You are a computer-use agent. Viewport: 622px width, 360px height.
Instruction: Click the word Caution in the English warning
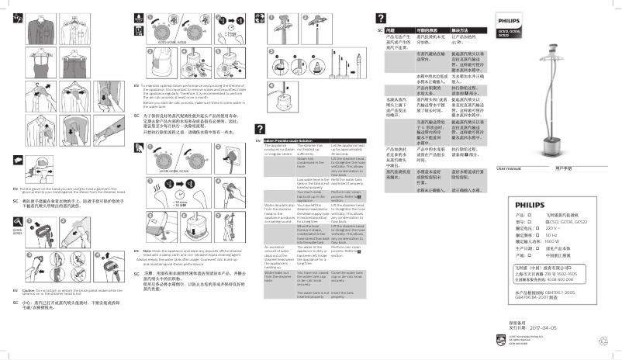click(x=26, y=289)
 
